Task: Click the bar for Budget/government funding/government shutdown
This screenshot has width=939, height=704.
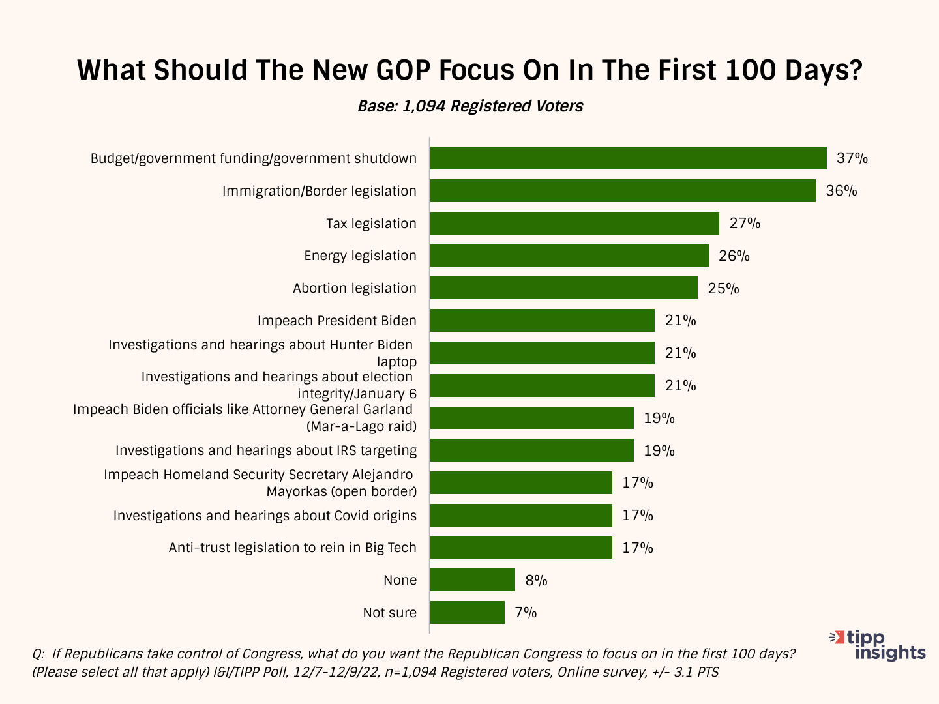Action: [628, 158]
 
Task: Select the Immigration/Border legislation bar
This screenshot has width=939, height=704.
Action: [623, 191]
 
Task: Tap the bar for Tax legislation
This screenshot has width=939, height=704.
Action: [574, 224]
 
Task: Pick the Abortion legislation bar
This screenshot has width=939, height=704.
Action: [563, 288]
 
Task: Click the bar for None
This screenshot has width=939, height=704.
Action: [473, 580]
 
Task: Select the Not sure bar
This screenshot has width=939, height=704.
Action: [467, 613]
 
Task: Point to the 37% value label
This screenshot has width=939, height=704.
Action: [852, 158]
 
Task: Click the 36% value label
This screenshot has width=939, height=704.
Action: [841, 191]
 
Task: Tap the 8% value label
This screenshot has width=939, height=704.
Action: [536, 580]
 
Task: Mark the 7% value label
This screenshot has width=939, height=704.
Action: [526, 613]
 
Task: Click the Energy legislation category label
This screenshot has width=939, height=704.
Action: [360, 256]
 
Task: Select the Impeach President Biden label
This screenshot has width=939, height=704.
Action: [336, 321]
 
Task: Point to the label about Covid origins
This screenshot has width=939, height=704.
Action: [265, 516]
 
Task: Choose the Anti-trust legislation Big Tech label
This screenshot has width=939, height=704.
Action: [292, 548]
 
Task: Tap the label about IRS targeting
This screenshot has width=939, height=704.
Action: [266, 450]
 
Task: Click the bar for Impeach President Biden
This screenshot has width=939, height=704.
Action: [542, 321]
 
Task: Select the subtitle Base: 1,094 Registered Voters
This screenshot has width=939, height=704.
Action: [470, 106]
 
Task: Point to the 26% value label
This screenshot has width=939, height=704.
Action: [734, 256]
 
